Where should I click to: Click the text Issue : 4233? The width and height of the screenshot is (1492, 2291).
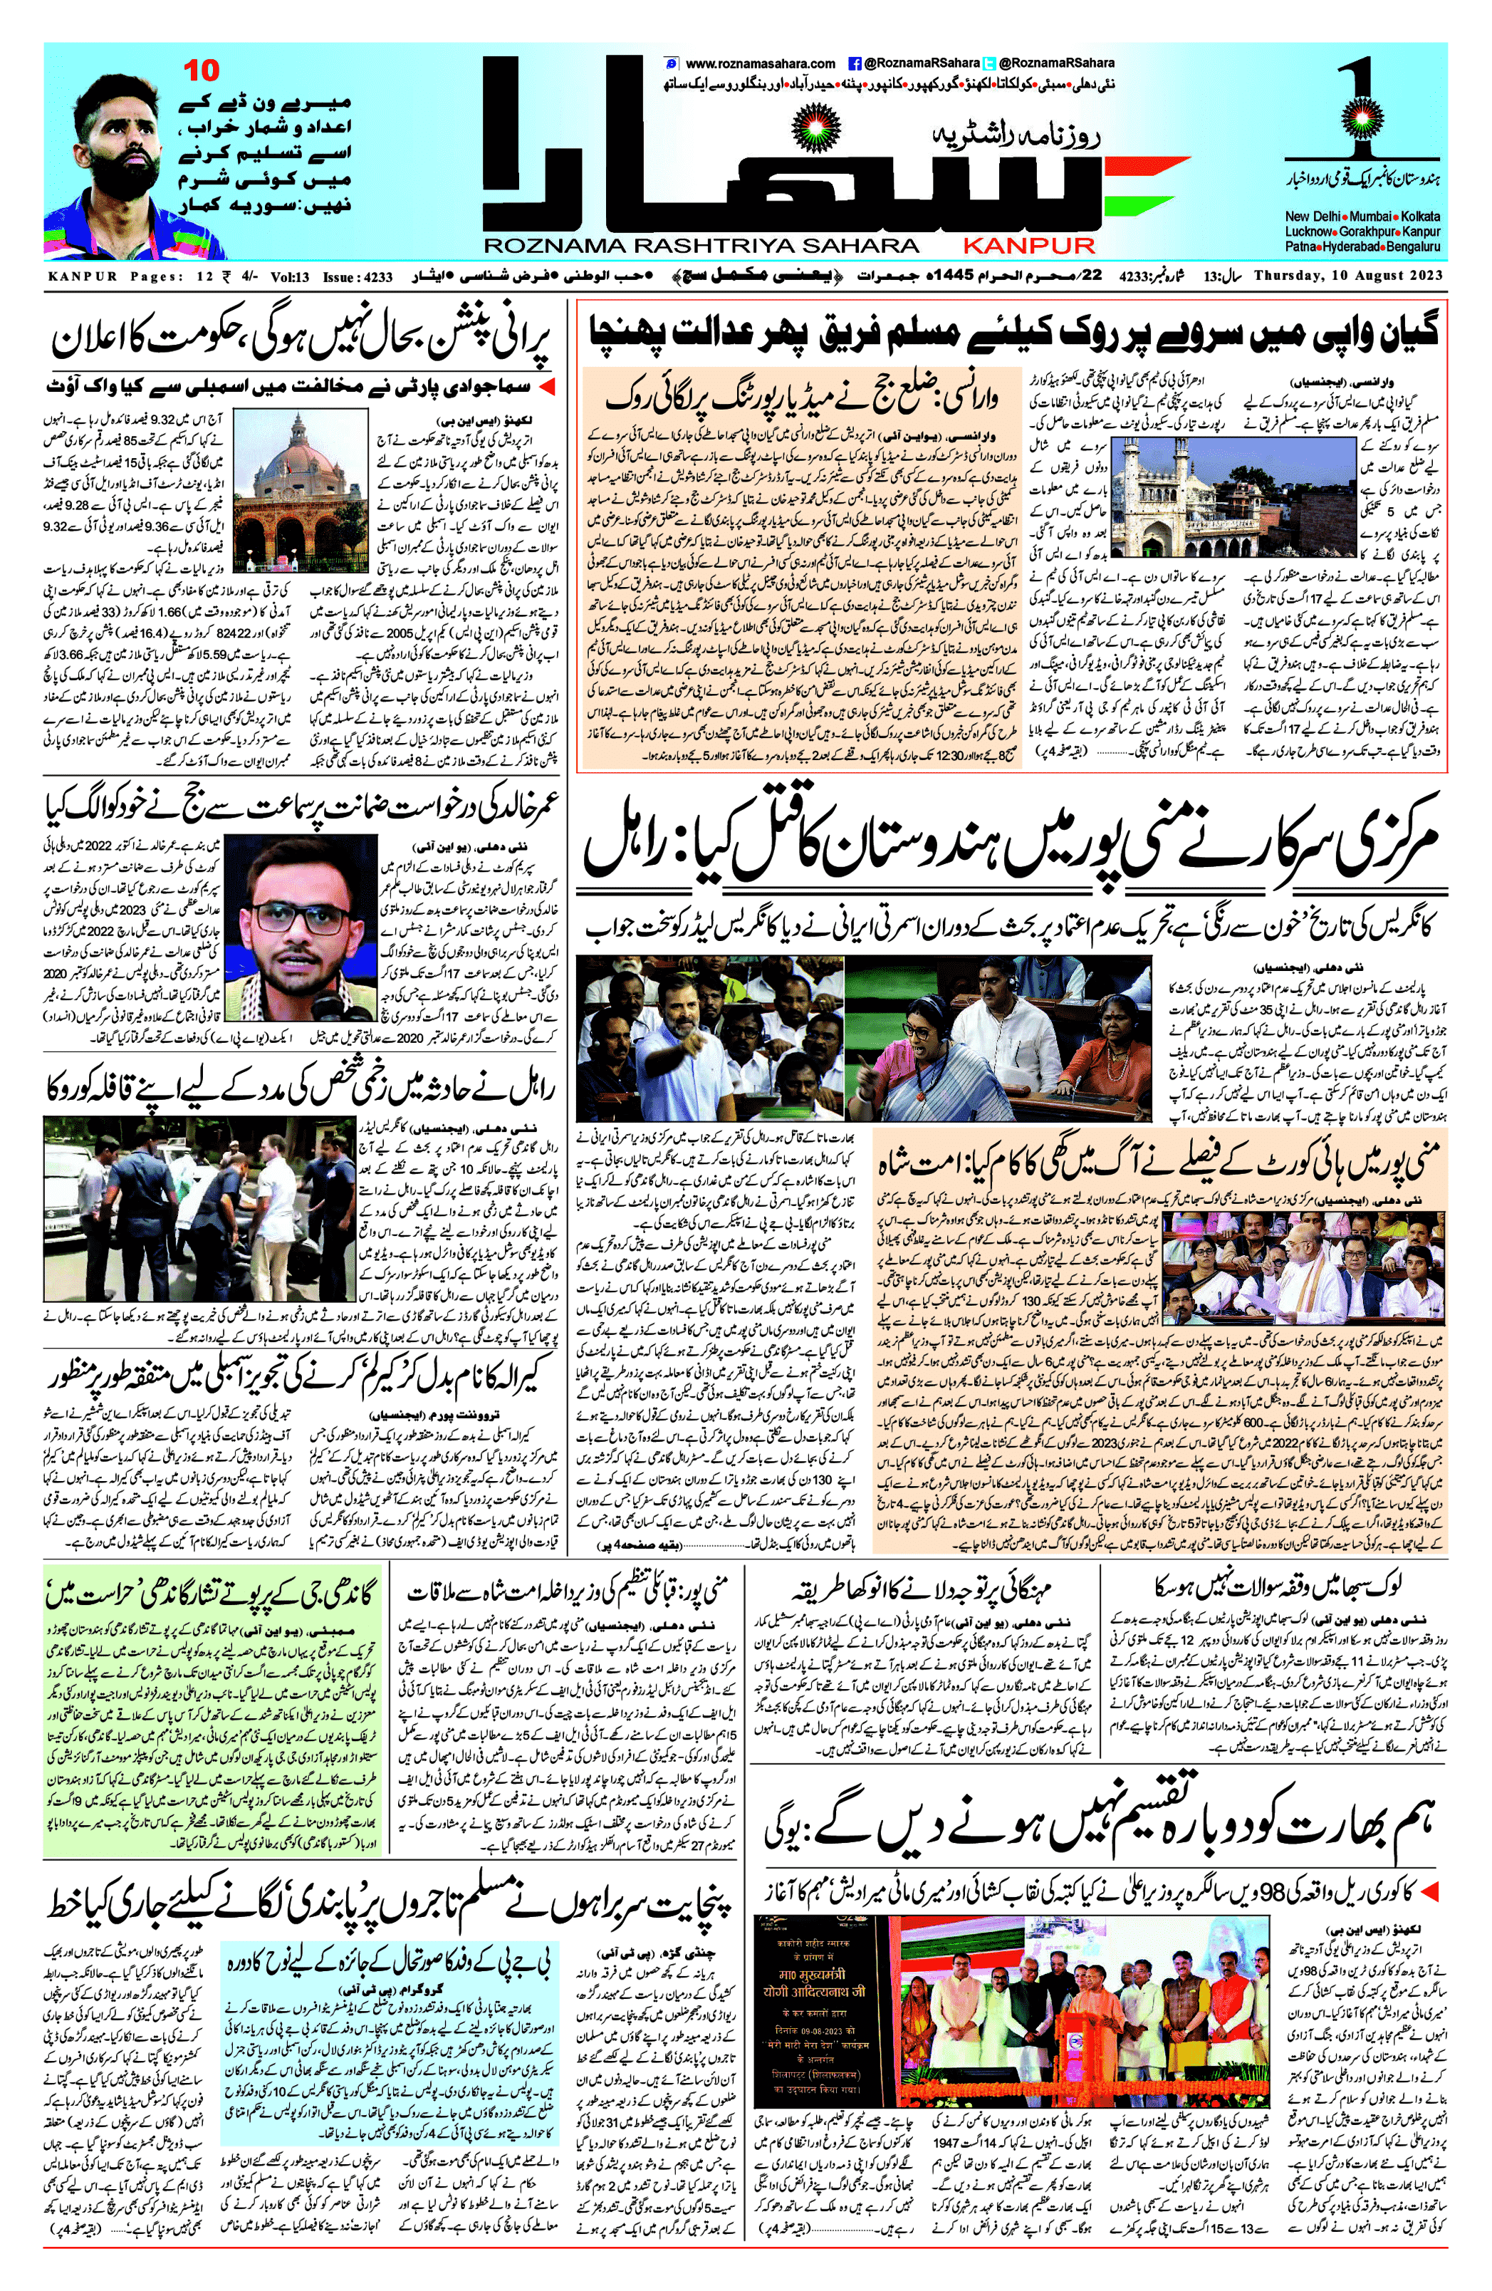(x=358, y=277)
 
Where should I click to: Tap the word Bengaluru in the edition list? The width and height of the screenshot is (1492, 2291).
(x=1415, y=247)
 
